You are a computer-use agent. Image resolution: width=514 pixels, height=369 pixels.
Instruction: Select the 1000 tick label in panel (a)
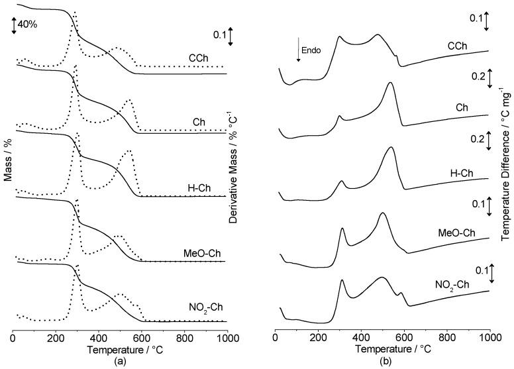(227, 338)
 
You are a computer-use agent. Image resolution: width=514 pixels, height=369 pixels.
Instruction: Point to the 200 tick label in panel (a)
(56, 338)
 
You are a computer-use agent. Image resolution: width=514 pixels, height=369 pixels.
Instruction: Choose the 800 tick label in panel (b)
(447, 338)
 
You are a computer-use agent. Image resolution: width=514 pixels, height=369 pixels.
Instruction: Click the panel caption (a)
(121, 361)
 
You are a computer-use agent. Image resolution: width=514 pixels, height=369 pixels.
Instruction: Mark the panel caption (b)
(383, 361)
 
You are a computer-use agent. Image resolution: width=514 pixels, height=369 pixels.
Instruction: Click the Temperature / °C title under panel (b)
(383, 349)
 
